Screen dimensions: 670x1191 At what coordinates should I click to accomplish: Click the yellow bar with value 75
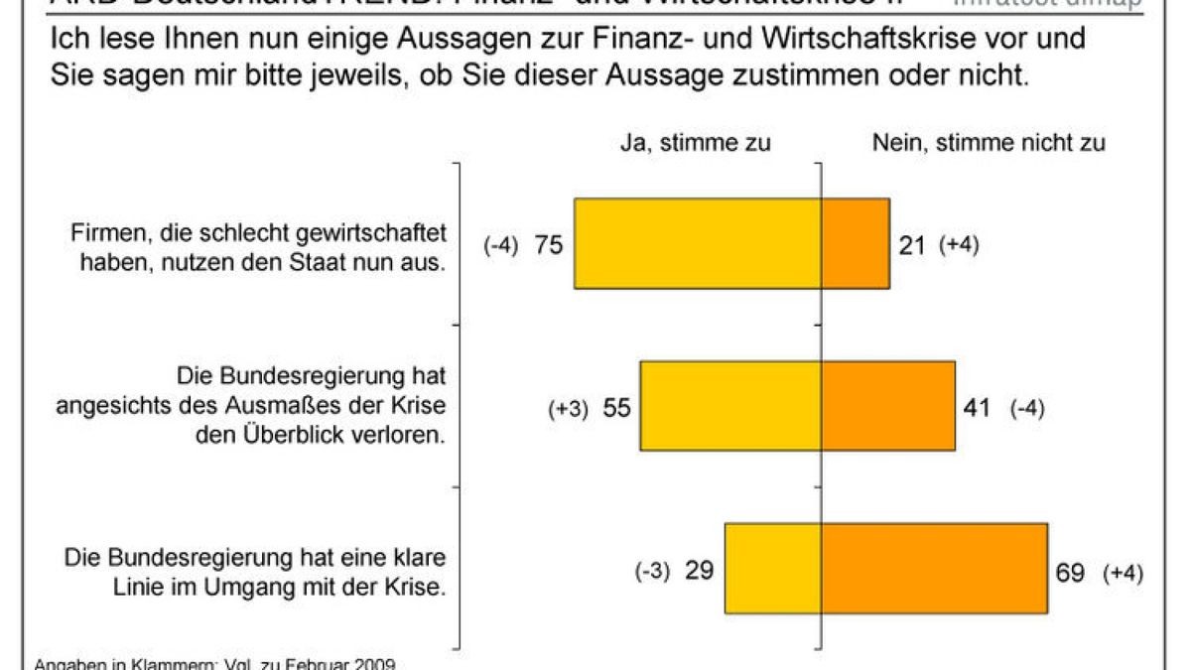click(x=698, y=243)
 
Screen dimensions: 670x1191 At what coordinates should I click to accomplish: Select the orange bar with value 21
click(x=856, y=243)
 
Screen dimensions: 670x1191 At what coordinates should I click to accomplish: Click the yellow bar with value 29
click(x=773, y=568)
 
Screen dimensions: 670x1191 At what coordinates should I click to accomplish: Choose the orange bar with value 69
click(x=934, y=568)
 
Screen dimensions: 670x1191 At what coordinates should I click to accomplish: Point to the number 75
click(x=549, y=245)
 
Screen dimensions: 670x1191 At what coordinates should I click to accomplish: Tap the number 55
click(x=616, y=408)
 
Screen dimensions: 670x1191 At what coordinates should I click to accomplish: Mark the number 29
click(x=700, y=572)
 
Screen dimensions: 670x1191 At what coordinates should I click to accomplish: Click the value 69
click(x=1070, y=572)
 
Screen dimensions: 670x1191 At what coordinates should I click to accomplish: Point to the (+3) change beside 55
click(x=569, y=409)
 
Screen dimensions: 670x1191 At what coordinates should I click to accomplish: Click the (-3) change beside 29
click(x=653, y=573)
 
